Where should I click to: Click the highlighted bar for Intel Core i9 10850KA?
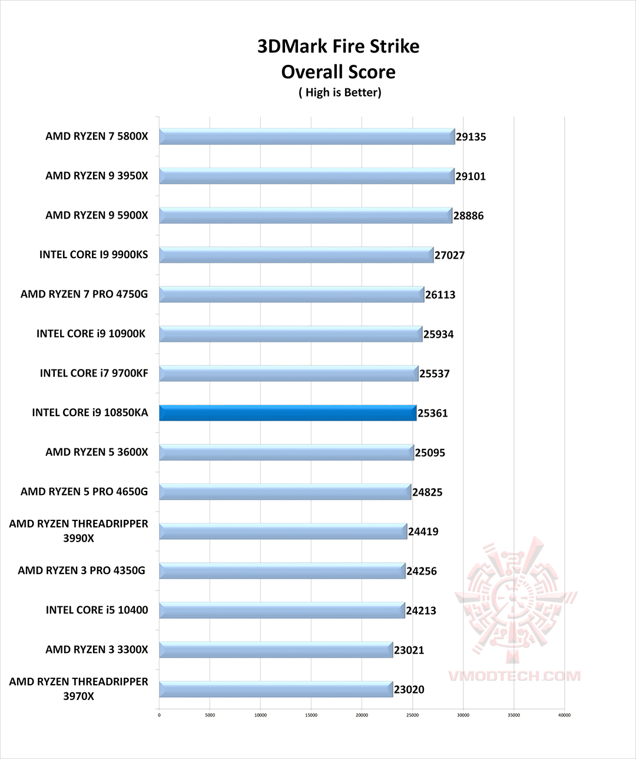point(287,413)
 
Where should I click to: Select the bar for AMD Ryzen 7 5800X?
point(306,137)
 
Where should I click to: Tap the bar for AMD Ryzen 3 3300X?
point(276,650)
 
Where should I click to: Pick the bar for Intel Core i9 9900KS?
point(296,255)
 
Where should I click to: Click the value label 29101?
point(471,176)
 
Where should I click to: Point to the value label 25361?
point(433,413)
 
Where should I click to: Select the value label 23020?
point(409,689)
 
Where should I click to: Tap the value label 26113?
point(440,295)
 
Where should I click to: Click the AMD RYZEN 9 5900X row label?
point(97,215)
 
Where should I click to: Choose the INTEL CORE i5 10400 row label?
point(97,610)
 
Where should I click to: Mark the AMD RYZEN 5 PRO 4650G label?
point(84,491)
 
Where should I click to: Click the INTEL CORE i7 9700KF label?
point(94,373)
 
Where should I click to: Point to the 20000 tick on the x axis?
point(362,716)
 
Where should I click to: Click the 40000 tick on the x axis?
point(564,716)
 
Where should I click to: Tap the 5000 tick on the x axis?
point(210,716)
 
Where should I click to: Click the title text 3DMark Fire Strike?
point(338,47)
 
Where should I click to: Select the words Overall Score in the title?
point(338,72)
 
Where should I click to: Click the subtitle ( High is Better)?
point(340,93)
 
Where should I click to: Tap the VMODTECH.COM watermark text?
point(514,676)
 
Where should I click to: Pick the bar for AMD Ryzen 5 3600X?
point(286,453)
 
